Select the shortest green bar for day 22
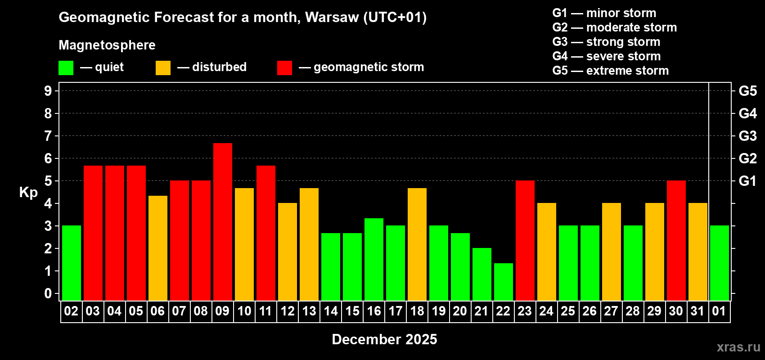click(504, 282)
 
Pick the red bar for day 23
click(525, 240)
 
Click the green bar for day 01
click(720, 263)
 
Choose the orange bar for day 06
click(158, 248)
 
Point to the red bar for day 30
click(676, 240)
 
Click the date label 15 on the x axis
click(352, 311)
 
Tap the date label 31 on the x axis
click(697, 311)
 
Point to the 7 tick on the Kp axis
click(48, 136)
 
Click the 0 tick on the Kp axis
click(48, 293)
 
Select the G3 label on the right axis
click(747, 136)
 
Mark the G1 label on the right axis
click(747, 181)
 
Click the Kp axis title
click(28, 193)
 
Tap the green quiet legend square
click(66, 68)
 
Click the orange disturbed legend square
click(163, 68)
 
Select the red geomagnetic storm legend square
click(284, 68)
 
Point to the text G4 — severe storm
click(606, 56)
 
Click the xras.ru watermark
click(738, 347)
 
